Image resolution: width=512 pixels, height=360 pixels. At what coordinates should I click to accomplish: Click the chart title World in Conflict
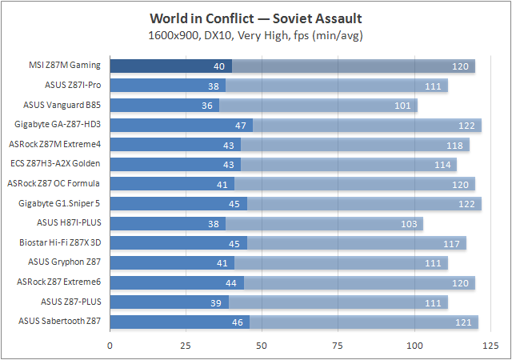point(256,18)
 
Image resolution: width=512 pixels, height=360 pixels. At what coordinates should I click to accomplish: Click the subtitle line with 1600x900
point(256,34)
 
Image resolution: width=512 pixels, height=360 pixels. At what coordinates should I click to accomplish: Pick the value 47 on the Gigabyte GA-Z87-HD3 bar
point(240,125)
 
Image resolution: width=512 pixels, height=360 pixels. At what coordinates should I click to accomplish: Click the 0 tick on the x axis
point(110,346)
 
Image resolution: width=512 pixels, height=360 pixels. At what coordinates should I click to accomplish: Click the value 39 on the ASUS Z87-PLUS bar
point(216,302)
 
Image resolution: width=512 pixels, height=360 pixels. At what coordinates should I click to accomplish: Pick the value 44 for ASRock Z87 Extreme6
point(231,282)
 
